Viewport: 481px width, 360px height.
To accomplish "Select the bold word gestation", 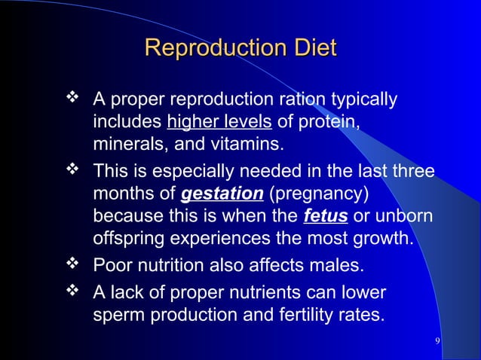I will point(222,194).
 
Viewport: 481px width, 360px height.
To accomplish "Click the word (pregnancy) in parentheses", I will point(318,194).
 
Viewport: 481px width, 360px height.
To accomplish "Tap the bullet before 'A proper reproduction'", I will point(75,98).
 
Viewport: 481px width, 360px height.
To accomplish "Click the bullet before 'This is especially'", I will point(75,170).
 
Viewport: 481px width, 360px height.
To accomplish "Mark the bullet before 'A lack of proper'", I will point(75,290).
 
